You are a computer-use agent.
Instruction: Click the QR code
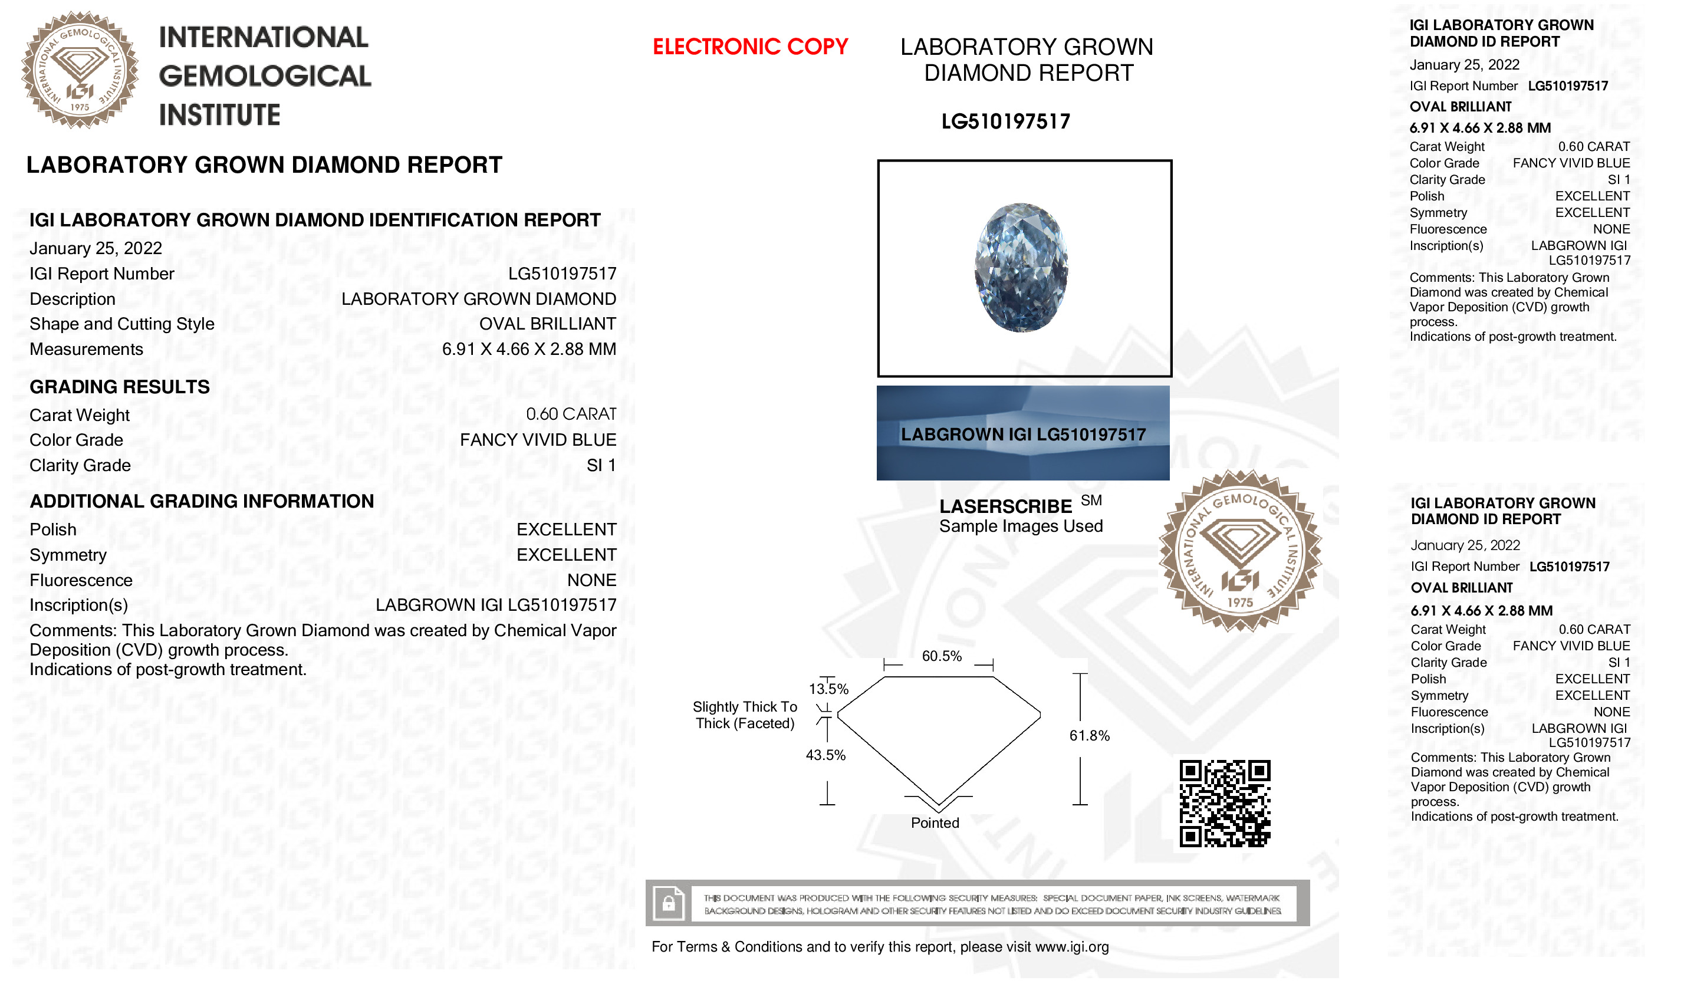coord(1225,804)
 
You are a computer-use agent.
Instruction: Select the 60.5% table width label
coord(942,656)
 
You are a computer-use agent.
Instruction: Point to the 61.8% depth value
coord(1089,736)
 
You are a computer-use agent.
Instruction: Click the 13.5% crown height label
coord(828,689)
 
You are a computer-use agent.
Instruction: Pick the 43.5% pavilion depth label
coord(825,755)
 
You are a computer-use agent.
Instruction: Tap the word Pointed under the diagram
coord(935,823)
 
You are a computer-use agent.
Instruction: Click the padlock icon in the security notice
coord(668,903)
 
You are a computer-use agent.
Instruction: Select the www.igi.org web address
coord(1072,947)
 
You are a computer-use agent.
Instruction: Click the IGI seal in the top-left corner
coord(80,70)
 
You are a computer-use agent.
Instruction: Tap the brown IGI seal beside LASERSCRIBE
coord(1240,551)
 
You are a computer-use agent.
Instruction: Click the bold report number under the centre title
coord(1005,121)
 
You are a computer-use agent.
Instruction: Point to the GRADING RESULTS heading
coord(120,387)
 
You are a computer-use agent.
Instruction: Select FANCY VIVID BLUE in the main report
coord(538,440)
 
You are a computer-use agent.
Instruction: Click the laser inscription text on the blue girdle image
coord(1023,435)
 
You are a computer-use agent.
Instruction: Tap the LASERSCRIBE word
coord(1005,507)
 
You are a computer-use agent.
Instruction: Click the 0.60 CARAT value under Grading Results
coord(571,414)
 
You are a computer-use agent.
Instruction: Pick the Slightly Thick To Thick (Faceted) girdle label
coord(745,715)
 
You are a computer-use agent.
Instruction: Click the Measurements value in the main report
coord(529,350)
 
